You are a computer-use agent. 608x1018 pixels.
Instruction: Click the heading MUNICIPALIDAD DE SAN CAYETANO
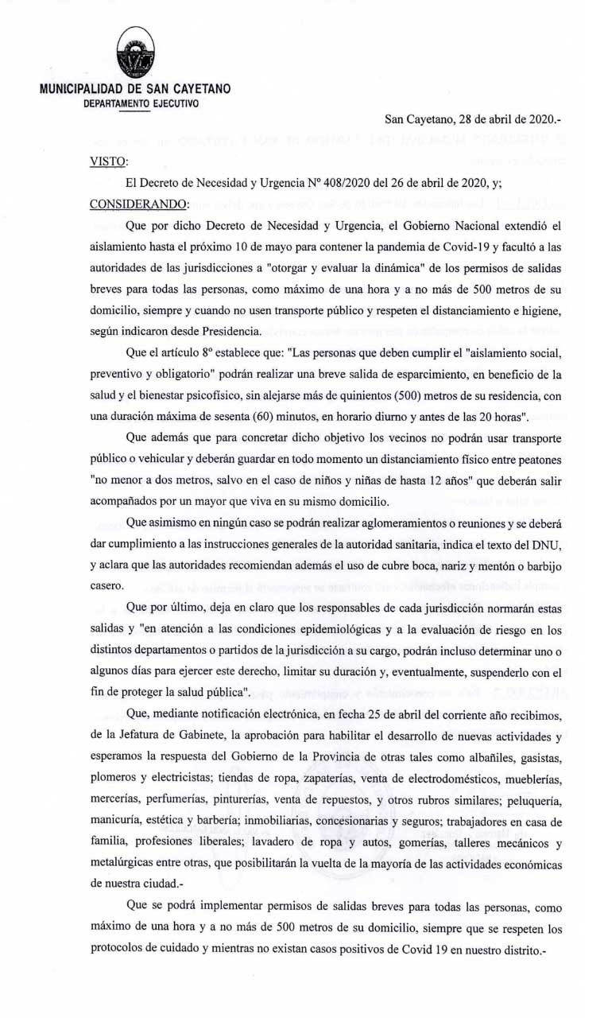tap(135, 89)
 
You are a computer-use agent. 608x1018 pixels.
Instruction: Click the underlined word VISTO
tap(108, 161)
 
